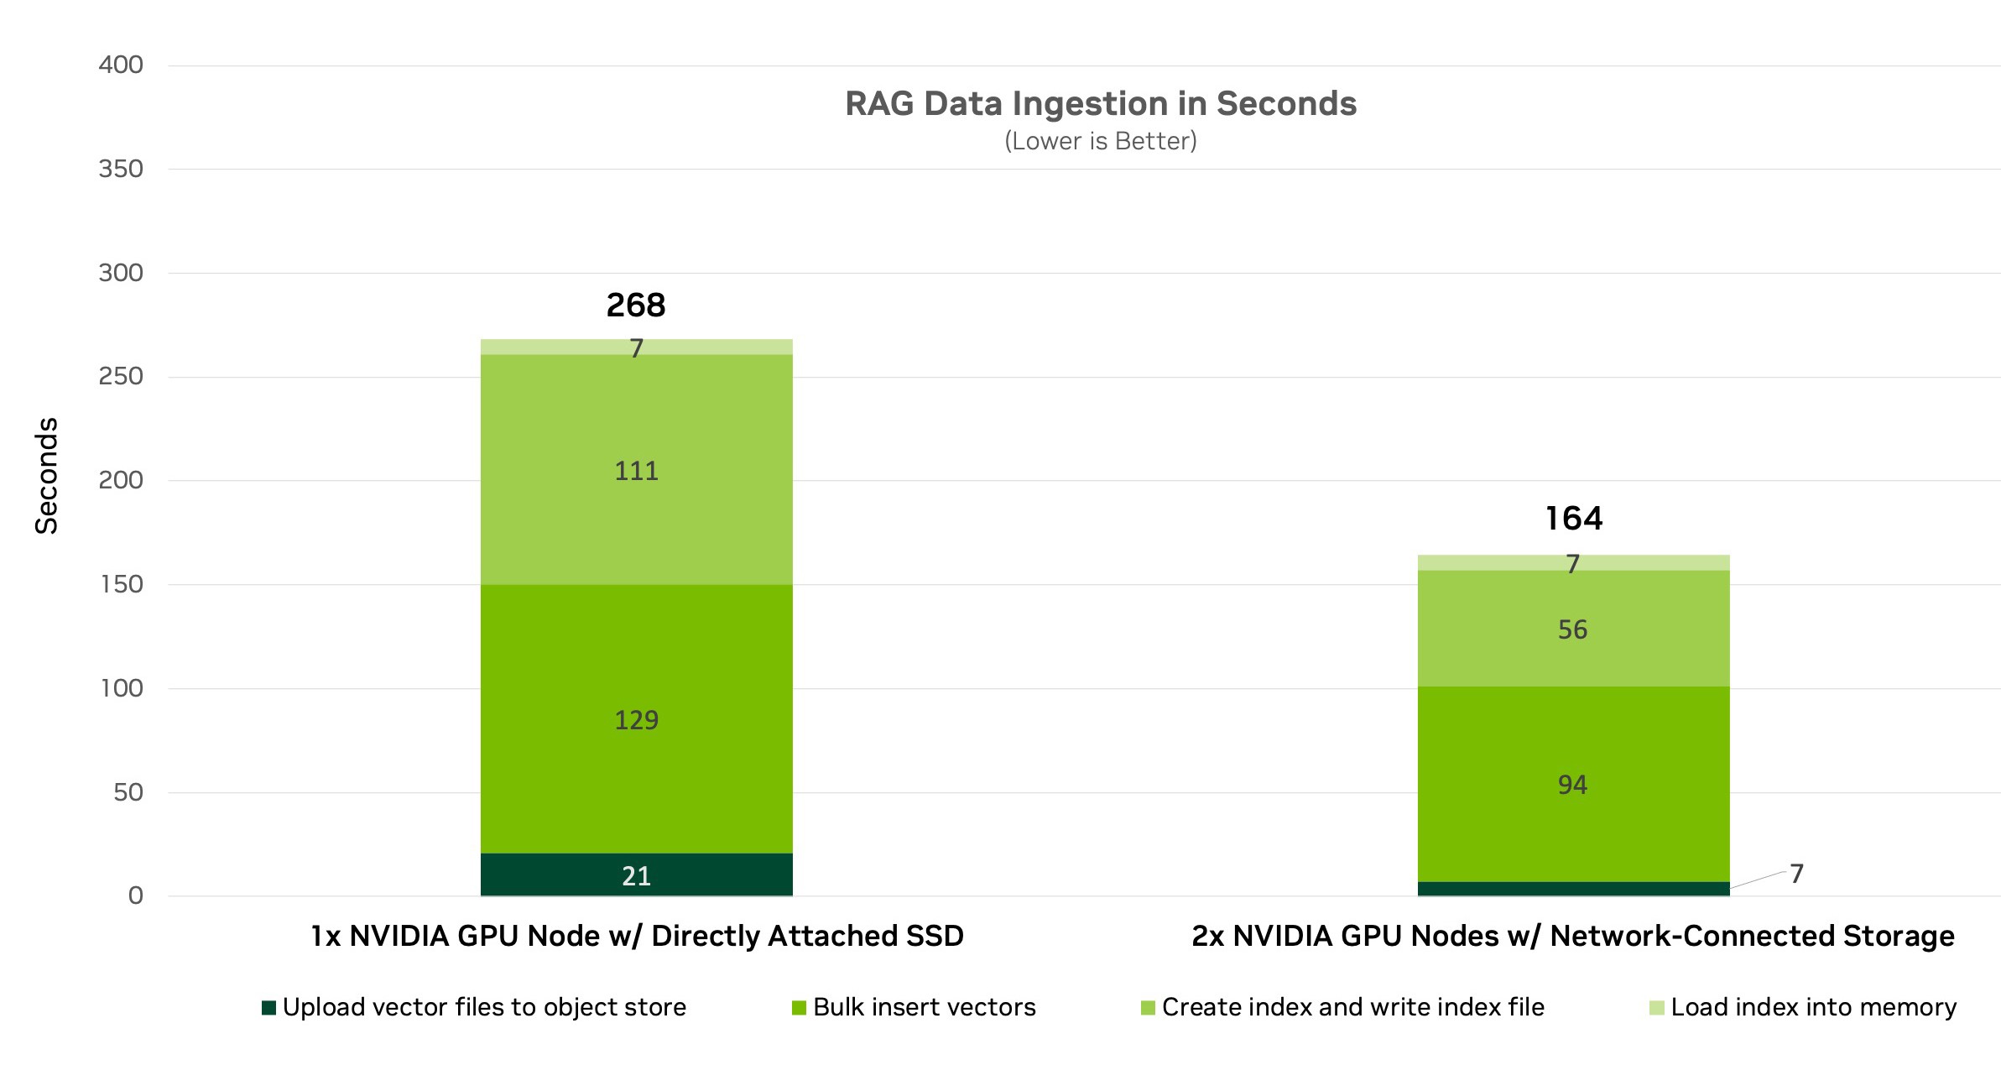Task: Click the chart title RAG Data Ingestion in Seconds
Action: click(x=1100, y=104)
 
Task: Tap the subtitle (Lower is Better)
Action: click(x=1100, y=141)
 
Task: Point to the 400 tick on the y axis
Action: click(x=121, y=65)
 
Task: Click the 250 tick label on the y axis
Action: click(x=121, y=377)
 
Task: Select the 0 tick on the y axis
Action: click(x=135, y=895)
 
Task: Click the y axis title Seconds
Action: click(x=47, y=476)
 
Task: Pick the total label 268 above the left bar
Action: click(x=636, y=305)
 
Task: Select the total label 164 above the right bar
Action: click(x=1573, y=519)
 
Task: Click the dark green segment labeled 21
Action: click(x=636, y=875)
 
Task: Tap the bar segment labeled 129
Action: click(x=636, y=719)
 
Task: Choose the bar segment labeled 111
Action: click(x=636, y=470)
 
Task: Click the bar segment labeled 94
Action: click(x=1573, y=785)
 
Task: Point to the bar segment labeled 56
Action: click(x=1573, y=629)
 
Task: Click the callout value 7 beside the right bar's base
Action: click(x=1796, y=874)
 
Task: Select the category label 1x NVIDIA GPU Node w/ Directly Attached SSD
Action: click(x=637, y=936)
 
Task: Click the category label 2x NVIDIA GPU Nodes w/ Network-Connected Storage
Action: click(x=1573, y=936)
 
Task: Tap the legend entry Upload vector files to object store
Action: click(x=474, y=1007)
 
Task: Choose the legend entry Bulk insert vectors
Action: click(x=915, y=1007)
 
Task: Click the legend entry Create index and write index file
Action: click(x=1342, y=1007)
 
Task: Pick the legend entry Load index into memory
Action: click(x=1803, y=1007)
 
